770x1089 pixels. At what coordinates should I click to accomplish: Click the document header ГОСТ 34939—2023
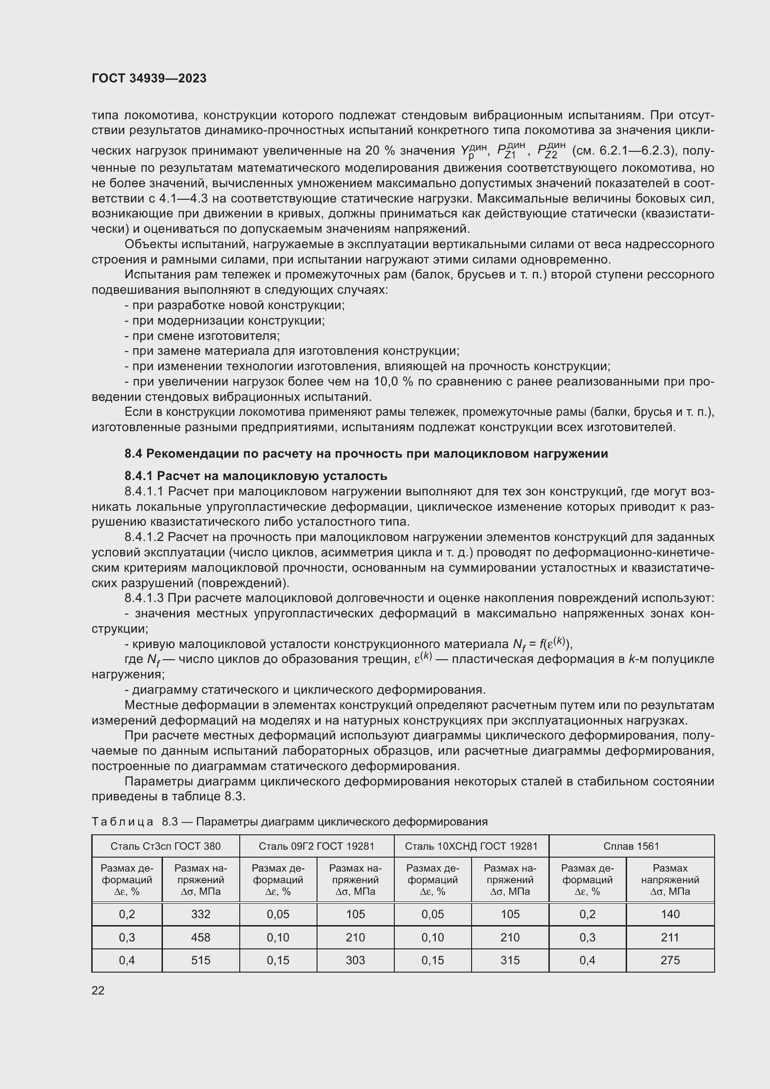coord(149,79)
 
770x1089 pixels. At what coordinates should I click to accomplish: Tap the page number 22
coord(98,990)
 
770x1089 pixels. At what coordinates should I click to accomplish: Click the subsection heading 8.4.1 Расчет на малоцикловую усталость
coord(256,476)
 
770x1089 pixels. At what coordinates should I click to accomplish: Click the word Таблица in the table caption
coord(122,822)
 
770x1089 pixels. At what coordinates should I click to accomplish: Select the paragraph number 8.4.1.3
coord(144,599)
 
